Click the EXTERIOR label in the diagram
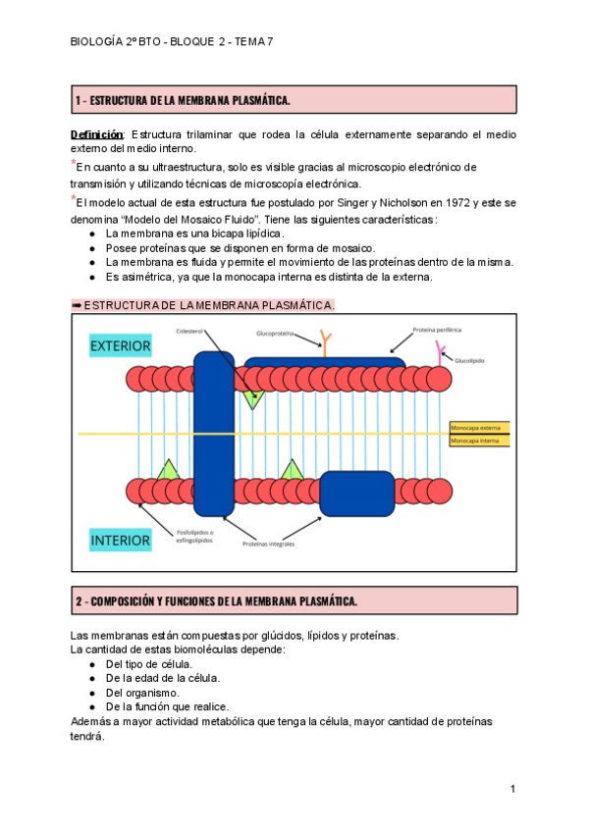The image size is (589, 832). point(121,345)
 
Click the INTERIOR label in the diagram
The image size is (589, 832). point(121,540)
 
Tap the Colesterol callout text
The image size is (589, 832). point(189,331)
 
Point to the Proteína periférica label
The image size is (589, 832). point(437,330)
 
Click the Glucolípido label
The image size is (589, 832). point(469,360)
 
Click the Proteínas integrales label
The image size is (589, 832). point(269,544)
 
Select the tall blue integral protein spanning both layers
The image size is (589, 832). point(213,433)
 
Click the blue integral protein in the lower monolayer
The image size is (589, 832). point(355,493)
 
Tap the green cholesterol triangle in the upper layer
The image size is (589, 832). point(254,397)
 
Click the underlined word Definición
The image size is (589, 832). point(96,133)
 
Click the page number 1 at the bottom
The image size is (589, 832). point(512,790)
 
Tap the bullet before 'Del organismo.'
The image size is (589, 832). point(91,693)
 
